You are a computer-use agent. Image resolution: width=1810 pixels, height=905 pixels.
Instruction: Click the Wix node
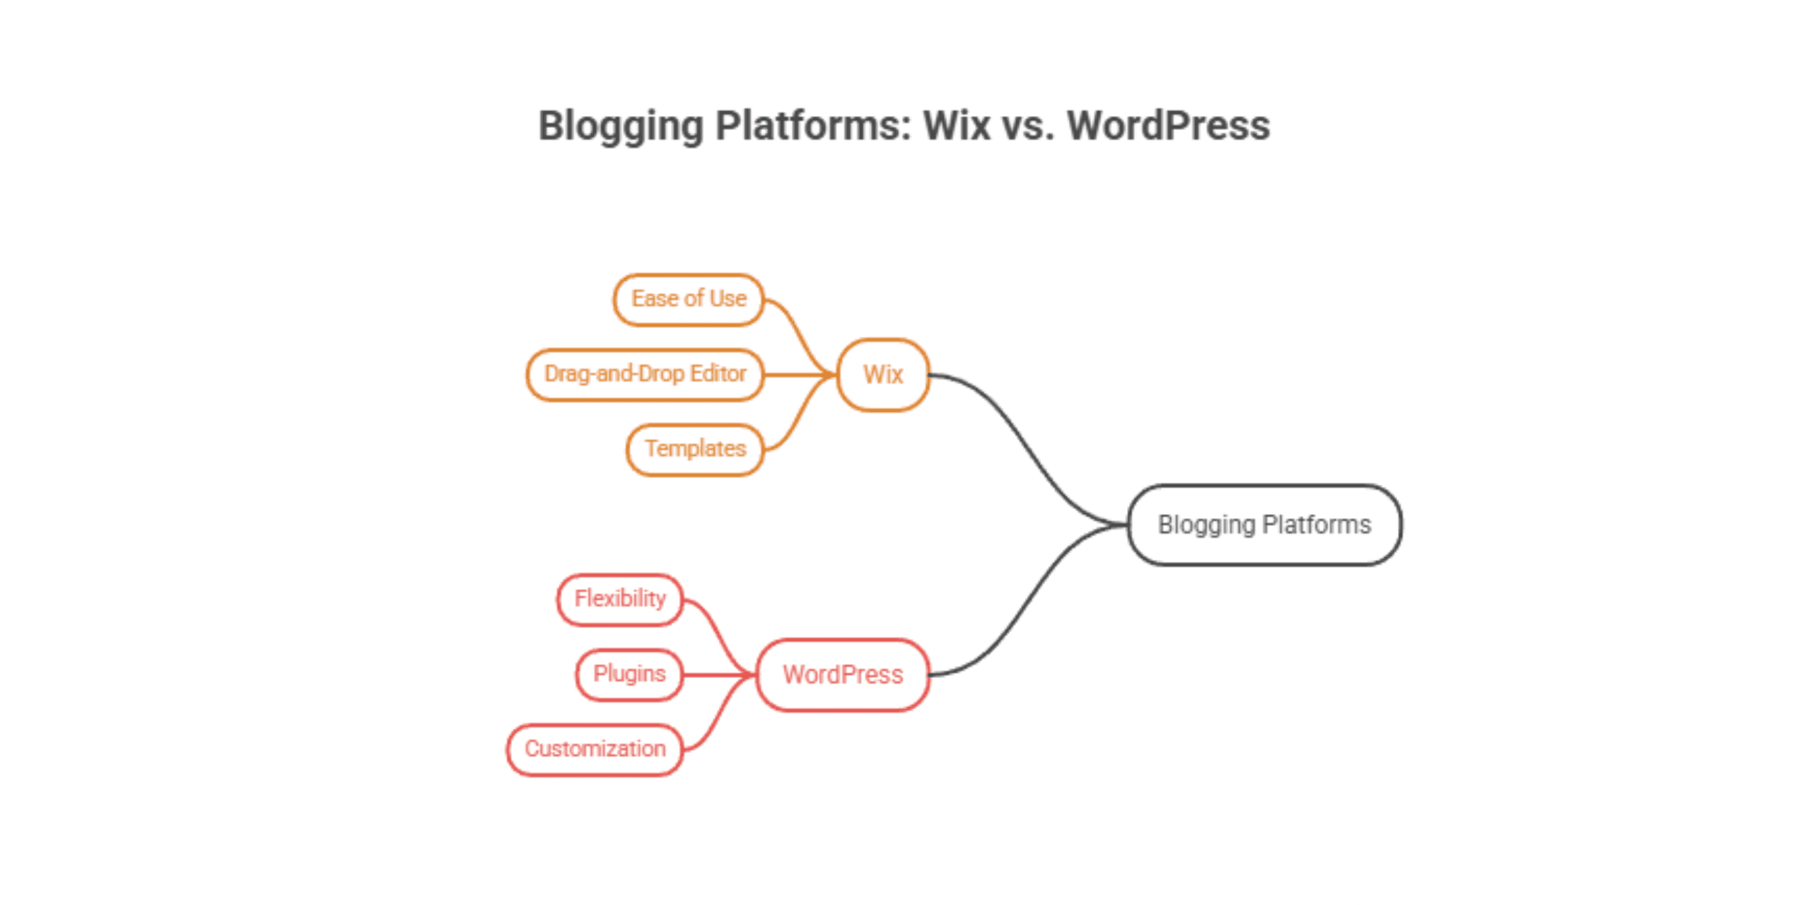[x=883, y=375]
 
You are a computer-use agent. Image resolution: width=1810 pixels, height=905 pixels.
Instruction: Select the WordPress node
[x=843, y=675]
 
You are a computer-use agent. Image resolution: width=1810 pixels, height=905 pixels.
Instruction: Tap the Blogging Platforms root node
[x=1264, y=525]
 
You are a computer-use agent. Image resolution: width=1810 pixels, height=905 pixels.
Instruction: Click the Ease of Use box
[x=689, y=299]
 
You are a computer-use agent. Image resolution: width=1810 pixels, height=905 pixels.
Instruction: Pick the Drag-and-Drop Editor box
[x=645, y=374]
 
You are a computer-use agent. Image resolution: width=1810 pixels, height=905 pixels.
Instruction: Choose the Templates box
[x=695, y=449]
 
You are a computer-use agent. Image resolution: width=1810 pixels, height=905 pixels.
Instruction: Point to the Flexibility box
[x=620, y=599]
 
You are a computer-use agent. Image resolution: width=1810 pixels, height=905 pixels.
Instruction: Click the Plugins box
[x=629, y=674]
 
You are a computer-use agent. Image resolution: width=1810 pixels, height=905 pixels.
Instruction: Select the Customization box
[x=595, y=749]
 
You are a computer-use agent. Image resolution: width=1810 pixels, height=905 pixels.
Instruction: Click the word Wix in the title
[x=957, y=126]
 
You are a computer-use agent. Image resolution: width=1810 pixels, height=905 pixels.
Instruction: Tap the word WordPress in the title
[x=1168, y=126]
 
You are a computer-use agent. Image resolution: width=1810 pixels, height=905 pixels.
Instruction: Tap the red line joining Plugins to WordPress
[x=714, y=675]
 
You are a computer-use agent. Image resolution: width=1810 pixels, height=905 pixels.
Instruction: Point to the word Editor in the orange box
[x=718, y=373]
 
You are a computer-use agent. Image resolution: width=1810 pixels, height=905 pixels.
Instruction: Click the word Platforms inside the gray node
[x=1316, y=525]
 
